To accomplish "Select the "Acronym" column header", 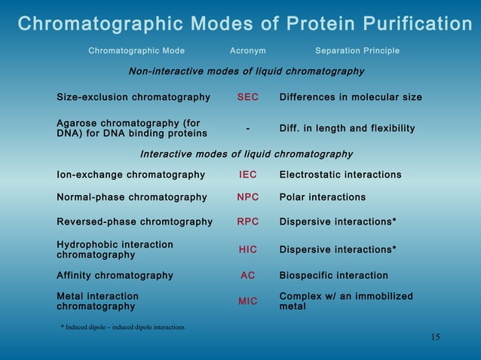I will [x=247, y=51].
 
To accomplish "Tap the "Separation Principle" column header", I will [x=357, y=51].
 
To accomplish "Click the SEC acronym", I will [x=248, y=98].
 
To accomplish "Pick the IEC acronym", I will [x=248, y=175].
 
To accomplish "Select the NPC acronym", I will [x=248, y=197].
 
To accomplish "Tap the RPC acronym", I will [x=248, y=222].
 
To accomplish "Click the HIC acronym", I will [x=248, y=249].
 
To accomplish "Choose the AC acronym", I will [x=248, y=276].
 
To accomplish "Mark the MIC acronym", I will [x=248, y=301].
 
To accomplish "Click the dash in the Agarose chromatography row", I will [x=248, y=129].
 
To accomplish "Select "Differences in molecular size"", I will [x=351, y=98].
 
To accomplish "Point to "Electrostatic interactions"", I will [x=340, y=175].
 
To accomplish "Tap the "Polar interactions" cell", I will [x=323, y=197].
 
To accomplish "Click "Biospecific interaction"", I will [x=334, y=276].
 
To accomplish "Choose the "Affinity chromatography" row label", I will [x=115, y=276].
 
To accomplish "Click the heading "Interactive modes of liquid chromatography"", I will [x=247, y=154].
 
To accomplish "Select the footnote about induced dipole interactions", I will [x=122, y=327].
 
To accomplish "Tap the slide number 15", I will [x=436, y=337].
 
